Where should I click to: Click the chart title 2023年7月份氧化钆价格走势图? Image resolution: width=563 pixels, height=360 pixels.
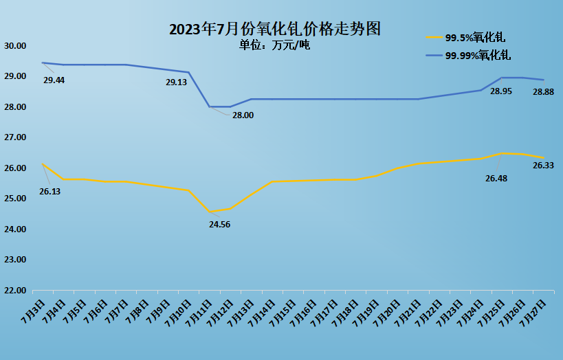(274, 30)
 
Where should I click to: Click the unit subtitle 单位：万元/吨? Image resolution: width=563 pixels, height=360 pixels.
(274, 45)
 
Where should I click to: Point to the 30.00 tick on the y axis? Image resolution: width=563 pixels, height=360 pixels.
(14, 46)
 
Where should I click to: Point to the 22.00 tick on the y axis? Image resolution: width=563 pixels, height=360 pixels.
(14, 291)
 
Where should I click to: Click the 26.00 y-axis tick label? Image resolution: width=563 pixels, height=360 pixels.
(14, 168)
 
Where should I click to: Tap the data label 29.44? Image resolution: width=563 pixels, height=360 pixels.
(54, 80)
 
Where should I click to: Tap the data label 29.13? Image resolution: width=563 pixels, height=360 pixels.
(177, 82)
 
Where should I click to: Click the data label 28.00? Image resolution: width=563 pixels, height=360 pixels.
(243, 115)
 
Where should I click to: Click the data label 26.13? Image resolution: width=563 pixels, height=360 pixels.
(49, 192)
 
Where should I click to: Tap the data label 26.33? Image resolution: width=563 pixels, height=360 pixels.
(543, 166)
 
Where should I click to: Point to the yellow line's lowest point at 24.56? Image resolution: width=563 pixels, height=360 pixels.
(210, 212)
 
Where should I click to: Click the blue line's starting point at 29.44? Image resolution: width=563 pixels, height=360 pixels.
(43, 63)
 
